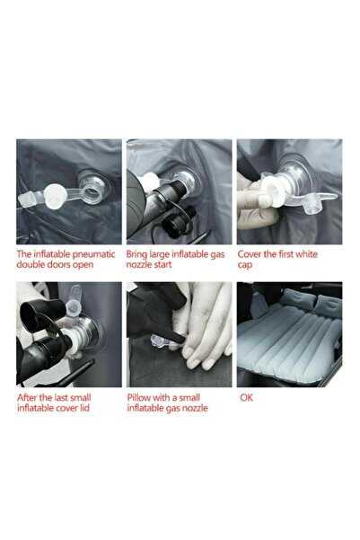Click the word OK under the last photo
[245, 396]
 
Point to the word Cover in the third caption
[251, 254]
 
